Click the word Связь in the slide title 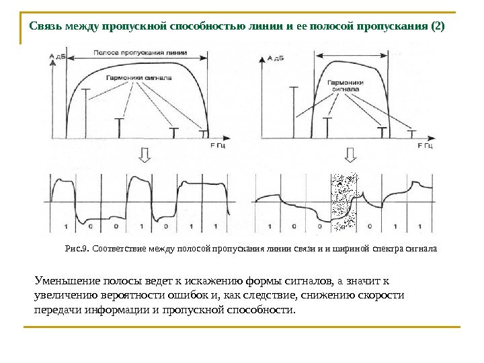46,28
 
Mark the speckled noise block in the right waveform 345,202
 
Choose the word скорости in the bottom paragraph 384,296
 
